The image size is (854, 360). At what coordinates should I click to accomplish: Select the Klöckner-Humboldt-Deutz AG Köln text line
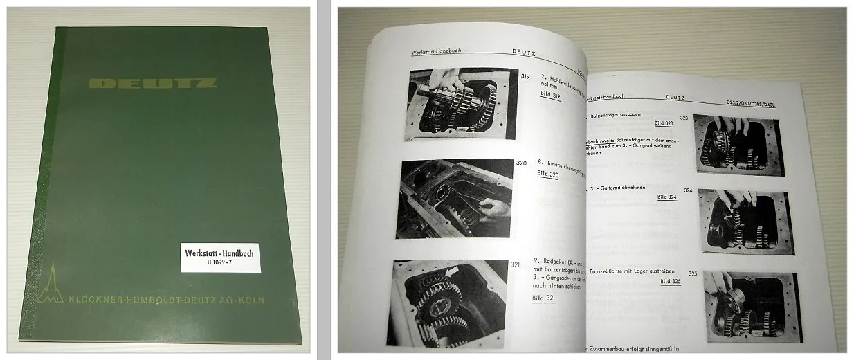[166, 300]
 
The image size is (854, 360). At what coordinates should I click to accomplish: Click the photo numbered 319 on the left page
[462, 105]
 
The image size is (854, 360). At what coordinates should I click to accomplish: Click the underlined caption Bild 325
[671, 282]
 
